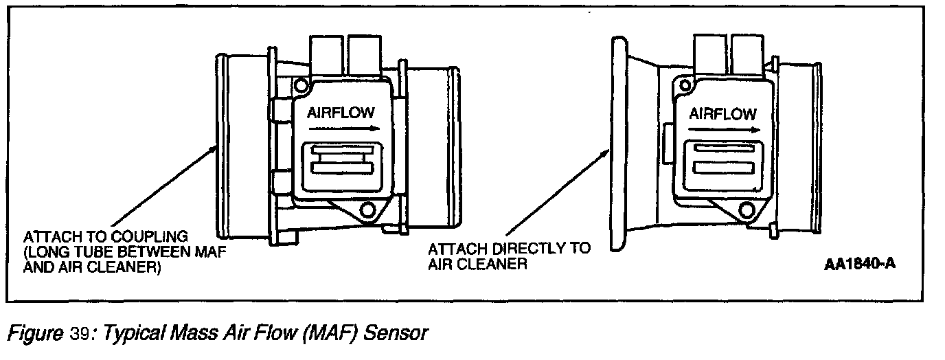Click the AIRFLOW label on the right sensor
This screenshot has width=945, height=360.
[722, 113]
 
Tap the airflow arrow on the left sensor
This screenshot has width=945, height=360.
[340, 128]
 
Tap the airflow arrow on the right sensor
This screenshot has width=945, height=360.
[724, 130]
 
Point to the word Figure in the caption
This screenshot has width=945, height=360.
[35, 335]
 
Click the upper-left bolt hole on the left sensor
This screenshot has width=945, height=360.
[299, 86]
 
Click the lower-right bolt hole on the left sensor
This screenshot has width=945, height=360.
[369, 209]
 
